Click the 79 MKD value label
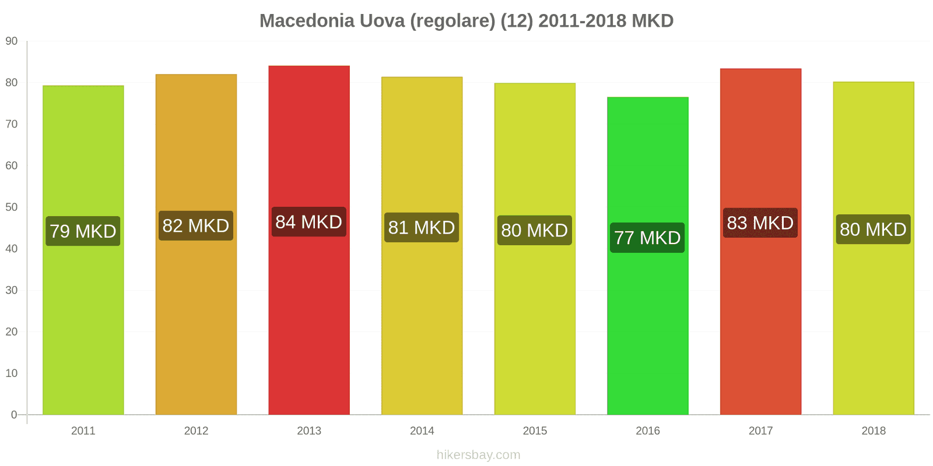pos(83,231)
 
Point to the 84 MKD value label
pos(309,222)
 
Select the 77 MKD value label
pos(647,238)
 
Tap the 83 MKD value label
pos(760,223)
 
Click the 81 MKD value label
pos(422,227)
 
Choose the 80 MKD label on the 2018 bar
pos(873,230)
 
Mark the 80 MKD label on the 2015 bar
pos(535,230)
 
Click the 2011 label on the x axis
pos(83,431)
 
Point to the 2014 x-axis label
pos(422,431)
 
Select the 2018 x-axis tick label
pos(873,431)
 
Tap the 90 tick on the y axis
pos(12,41)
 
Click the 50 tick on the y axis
pos(12,207)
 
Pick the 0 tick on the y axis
pos(14,415)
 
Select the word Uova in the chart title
pos(382,21)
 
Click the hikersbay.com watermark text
pos(478,455)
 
